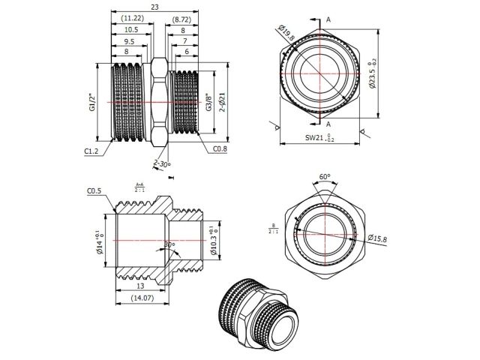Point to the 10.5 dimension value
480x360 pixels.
[x=130, y=29]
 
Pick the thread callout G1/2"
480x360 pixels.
[x=92, y=101]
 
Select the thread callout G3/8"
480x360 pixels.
[x=209, y=101]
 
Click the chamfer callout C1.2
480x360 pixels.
[x=92, y=151]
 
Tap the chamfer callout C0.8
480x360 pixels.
[x=219, y=149]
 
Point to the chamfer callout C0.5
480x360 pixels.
[x=94, y=191]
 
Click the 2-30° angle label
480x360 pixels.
[x=161, y=163]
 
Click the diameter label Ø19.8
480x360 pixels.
[x=286, y=34]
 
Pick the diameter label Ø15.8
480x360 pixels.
[x=378, y=238]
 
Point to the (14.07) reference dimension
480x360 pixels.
[x=143, y=298]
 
